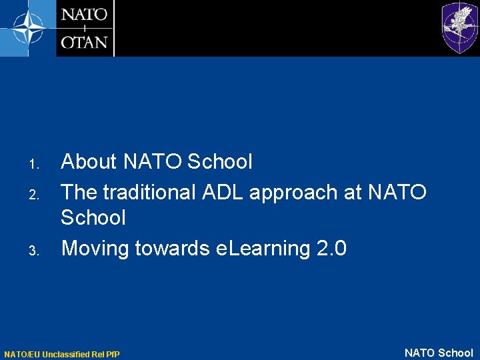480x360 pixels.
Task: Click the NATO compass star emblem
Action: coord(27,28)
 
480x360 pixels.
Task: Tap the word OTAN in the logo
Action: coord(85,42)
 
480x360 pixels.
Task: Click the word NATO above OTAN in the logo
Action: coord(85,15)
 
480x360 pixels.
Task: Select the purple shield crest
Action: coord(459,27)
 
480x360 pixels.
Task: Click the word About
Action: coord(89,161)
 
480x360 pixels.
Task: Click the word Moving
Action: coord(95,249)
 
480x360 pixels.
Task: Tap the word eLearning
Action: coord(263,249)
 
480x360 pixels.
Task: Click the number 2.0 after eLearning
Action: coord(331,249)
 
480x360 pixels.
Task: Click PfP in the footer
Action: coord(113,354)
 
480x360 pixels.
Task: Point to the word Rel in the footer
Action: coord(99,354)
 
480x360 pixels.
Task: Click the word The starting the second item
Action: coord(78,192)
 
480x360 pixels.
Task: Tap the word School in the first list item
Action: coord(220,161)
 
